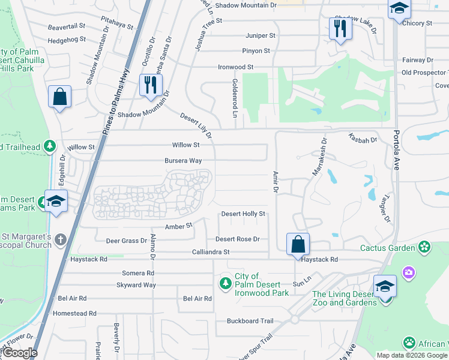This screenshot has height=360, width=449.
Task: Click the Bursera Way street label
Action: pos(183,161)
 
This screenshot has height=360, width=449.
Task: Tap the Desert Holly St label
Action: pos(243,214)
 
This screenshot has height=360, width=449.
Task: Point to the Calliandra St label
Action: pos(210,253)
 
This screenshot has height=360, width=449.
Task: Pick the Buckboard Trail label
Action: pos(250,321)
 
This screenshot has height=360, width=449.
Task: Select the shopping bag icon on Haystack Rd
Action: pos(298,244)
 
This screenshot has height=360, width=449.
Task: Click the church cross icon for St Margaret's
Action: pos(59,240)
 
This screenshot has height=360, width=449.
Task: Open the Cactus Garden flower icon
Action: pos(425,247)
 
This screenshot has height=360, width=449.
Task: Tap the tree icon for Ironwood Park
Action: pos(226,283)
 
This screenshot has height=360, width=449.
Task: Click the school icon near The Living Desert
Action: pos(385,286)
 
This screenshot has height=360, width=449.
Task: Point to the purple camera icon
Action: pos(409,274)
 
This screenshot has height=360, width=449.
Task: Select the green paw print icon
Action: pos(409,343)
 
